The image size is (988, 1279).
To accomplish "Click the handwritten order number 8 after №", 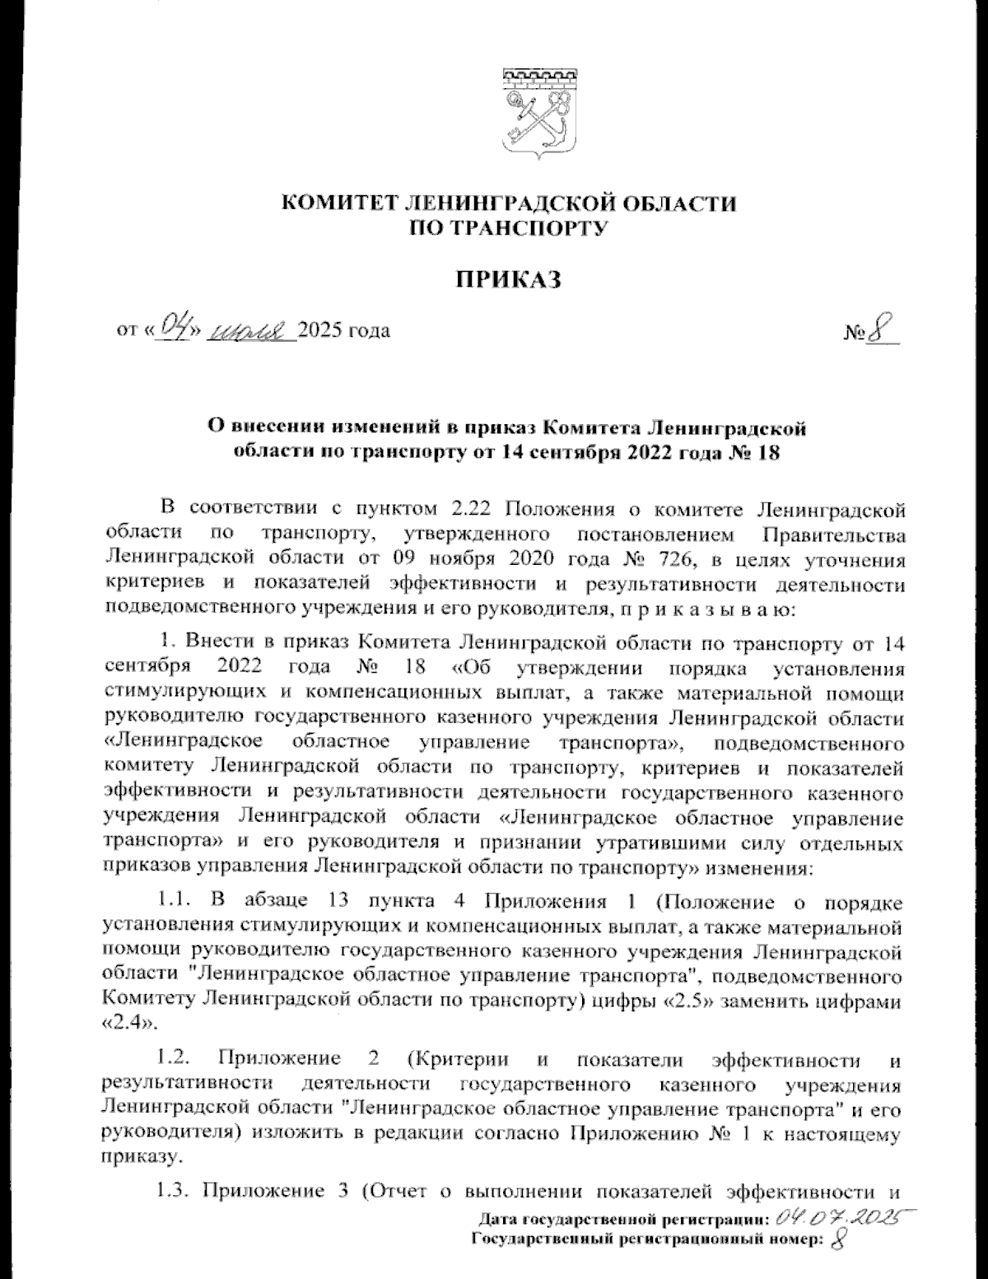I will (x=883, y=331).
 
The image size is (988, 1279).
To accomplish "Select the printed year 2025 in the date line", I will (x=322, y=331).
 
